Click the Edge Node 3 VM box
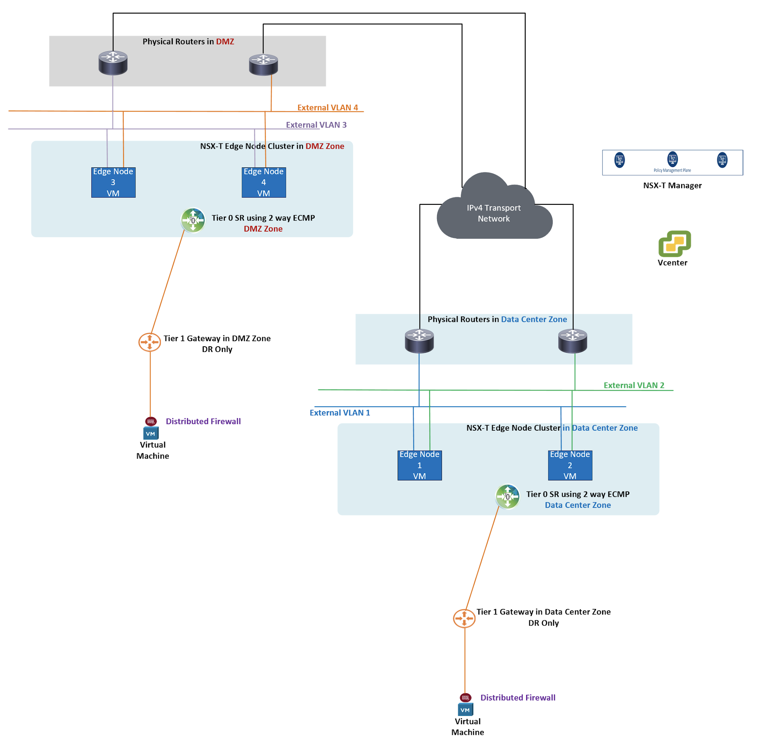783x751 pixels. pyautogui.click(x=113, y=182)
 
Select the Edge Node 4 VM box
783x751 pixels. pyautogui.click(x=264, y=182)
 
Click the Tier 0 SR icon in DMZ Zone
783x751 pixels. pyautogui.click(x=193, y=220)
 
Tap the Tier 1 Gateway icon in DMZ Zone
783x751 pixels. pyautogui.click(x=150, y=342)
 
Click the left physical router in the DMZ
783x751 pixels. pyautogui.click(x=113, y=63)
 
